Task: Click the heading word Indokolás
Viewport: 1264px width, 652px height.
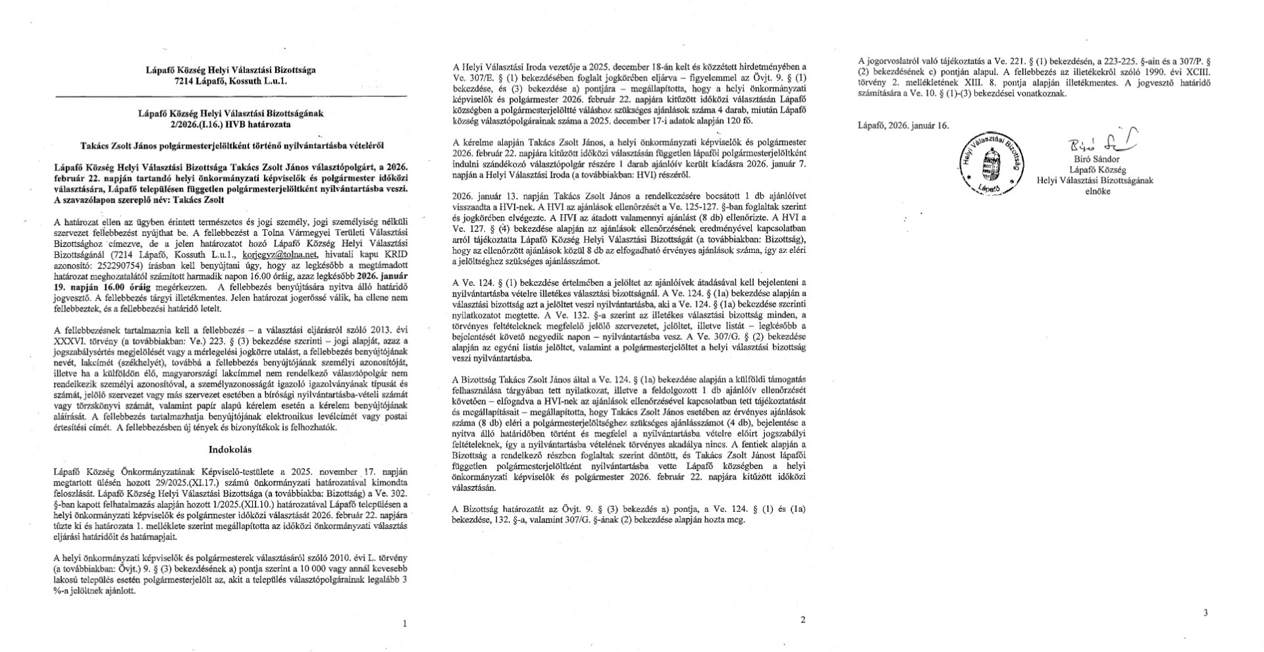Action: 230,449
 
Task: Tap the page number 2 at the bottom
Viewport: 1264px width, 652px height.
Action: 802,619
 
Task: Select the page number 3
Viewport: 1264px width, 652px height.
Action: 1205,612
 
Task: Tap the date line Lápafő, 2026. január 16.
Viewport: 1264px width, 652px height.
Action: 903,125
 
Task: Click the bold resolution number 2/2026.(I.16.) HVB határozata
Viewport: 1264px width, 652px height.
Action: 230,124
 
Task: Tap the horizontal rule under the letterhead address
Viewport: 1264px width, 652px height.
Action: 230,96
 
